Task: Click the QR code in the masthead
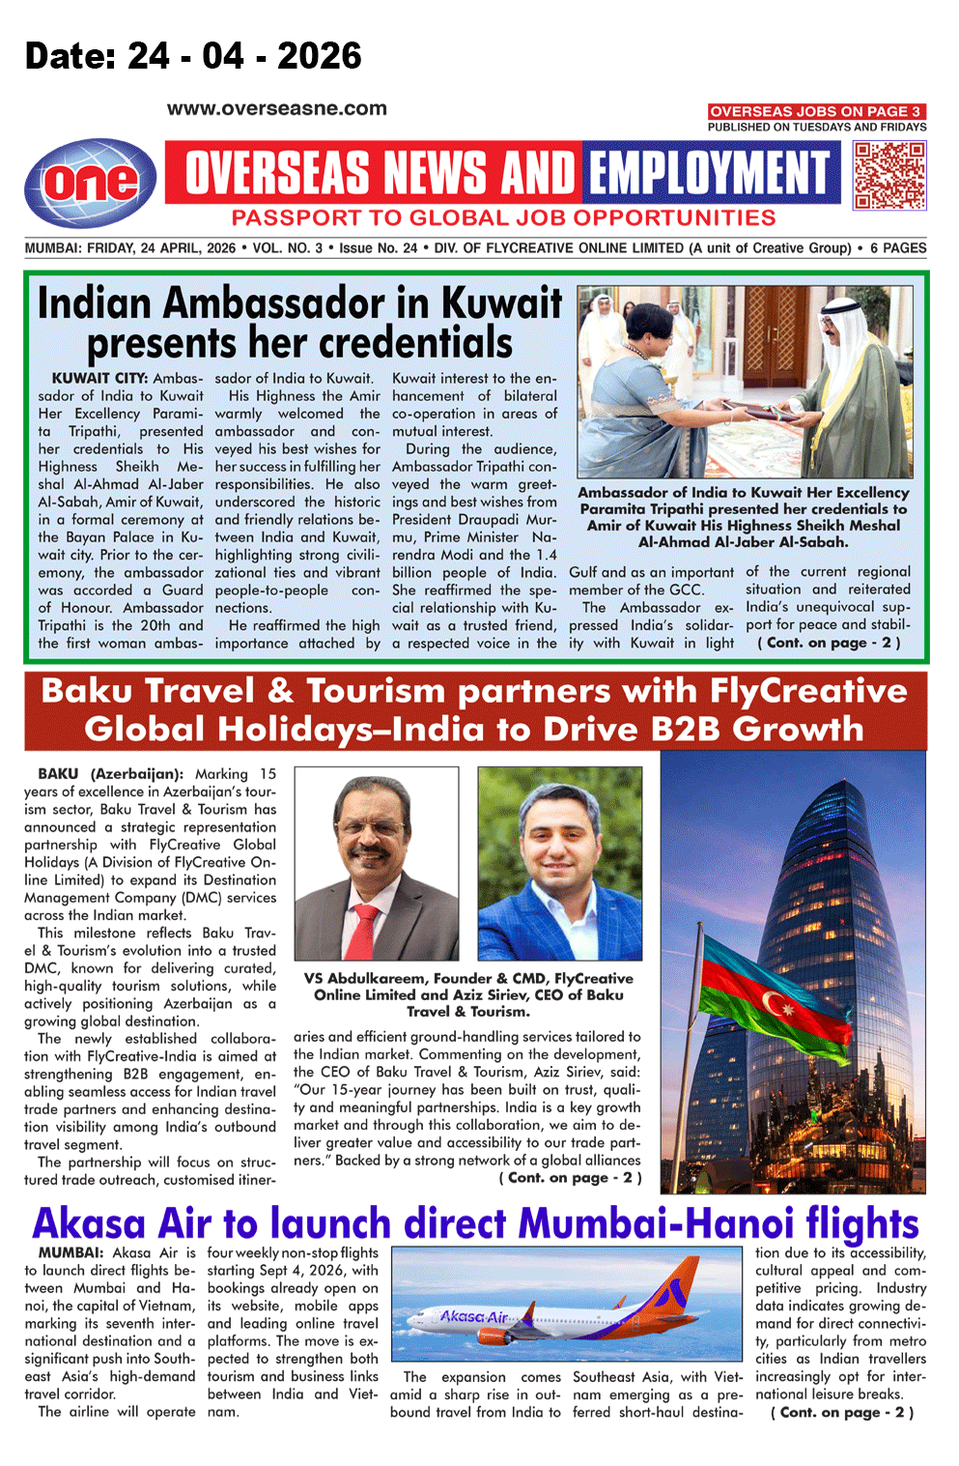[x=889, y=175]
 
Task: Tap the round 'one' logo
[x=90, y=183]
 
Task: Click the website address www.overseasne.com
[x=276, y=109]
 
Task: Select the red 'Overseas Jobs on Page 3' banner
[x=816, y=111]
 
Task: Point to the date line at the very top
[x=193, y=56]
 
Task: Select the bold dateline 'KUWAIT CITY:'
[x=99, y=378]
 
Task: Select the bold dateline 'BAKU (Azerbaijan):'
[x=110, y=774]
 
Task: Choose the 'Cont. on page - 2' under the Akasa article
[x=841, y=1412]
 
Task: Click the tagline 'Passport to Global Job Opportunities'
[x=503, y=218]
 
